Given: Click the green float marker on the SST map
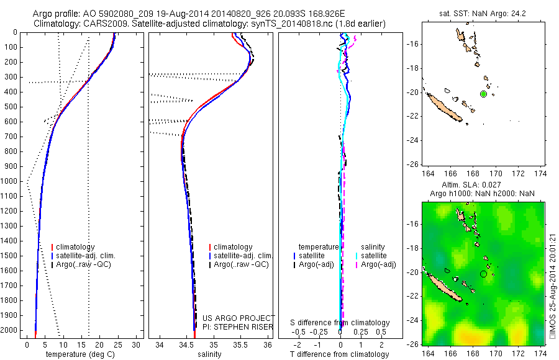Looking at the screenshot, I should [x=483, y=94].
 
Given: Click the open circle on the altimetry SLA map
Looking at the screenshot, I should [x=483, y=274].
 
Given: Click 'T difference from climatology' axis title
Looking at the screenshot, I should [x=340, y=354].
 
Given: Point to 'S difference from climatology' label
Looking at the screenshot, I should [x=340, y=323].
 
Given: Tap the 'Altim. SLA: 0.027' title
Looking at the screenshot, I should [x=482, y=186].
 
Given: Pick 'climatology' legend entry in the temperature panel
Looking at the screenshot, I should [x=75, y=247].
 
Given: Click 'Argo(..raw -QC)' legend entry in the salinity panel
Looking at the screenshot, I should [x=240, y=264].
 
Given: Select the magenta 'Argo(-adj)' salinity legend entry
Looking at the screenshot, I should [x=378, y=264].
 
